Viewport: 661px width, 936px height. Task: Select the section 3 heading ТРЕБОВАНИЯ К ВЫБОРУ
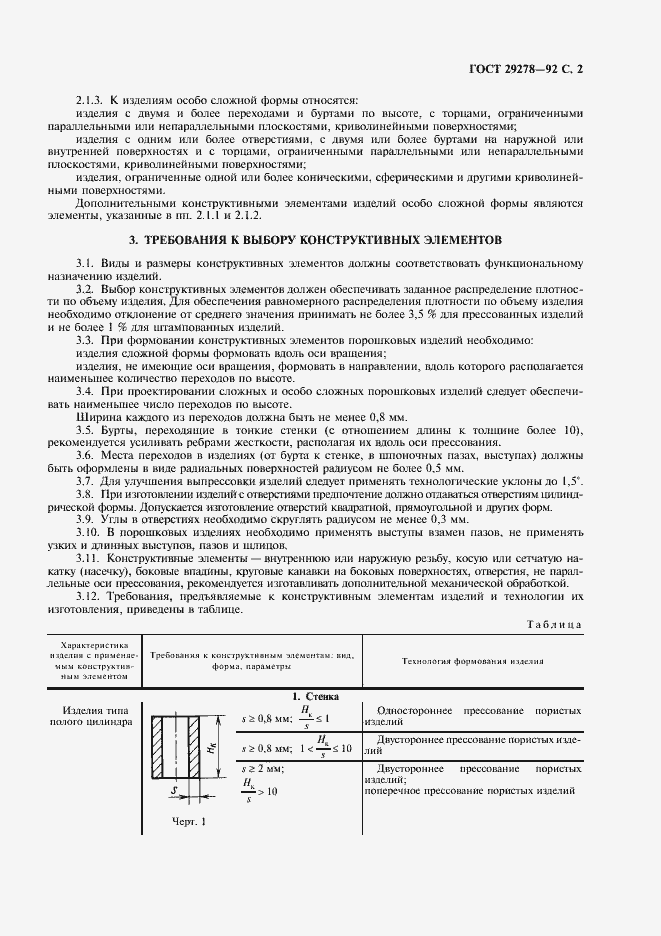tap(322, 240)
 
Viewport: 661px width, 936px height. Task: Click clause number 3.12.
tap(89, 594)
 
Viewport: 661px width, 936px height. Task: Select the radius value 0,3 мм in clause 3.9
tap(446, 520)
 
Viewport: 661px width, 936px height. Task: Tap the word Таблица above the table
tap(553, 624)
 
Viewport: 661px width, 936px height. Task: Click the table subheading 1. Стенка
tap(315, 695)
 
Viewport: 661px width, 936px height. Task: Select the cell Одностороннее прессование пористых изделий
tap(472, 715)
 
